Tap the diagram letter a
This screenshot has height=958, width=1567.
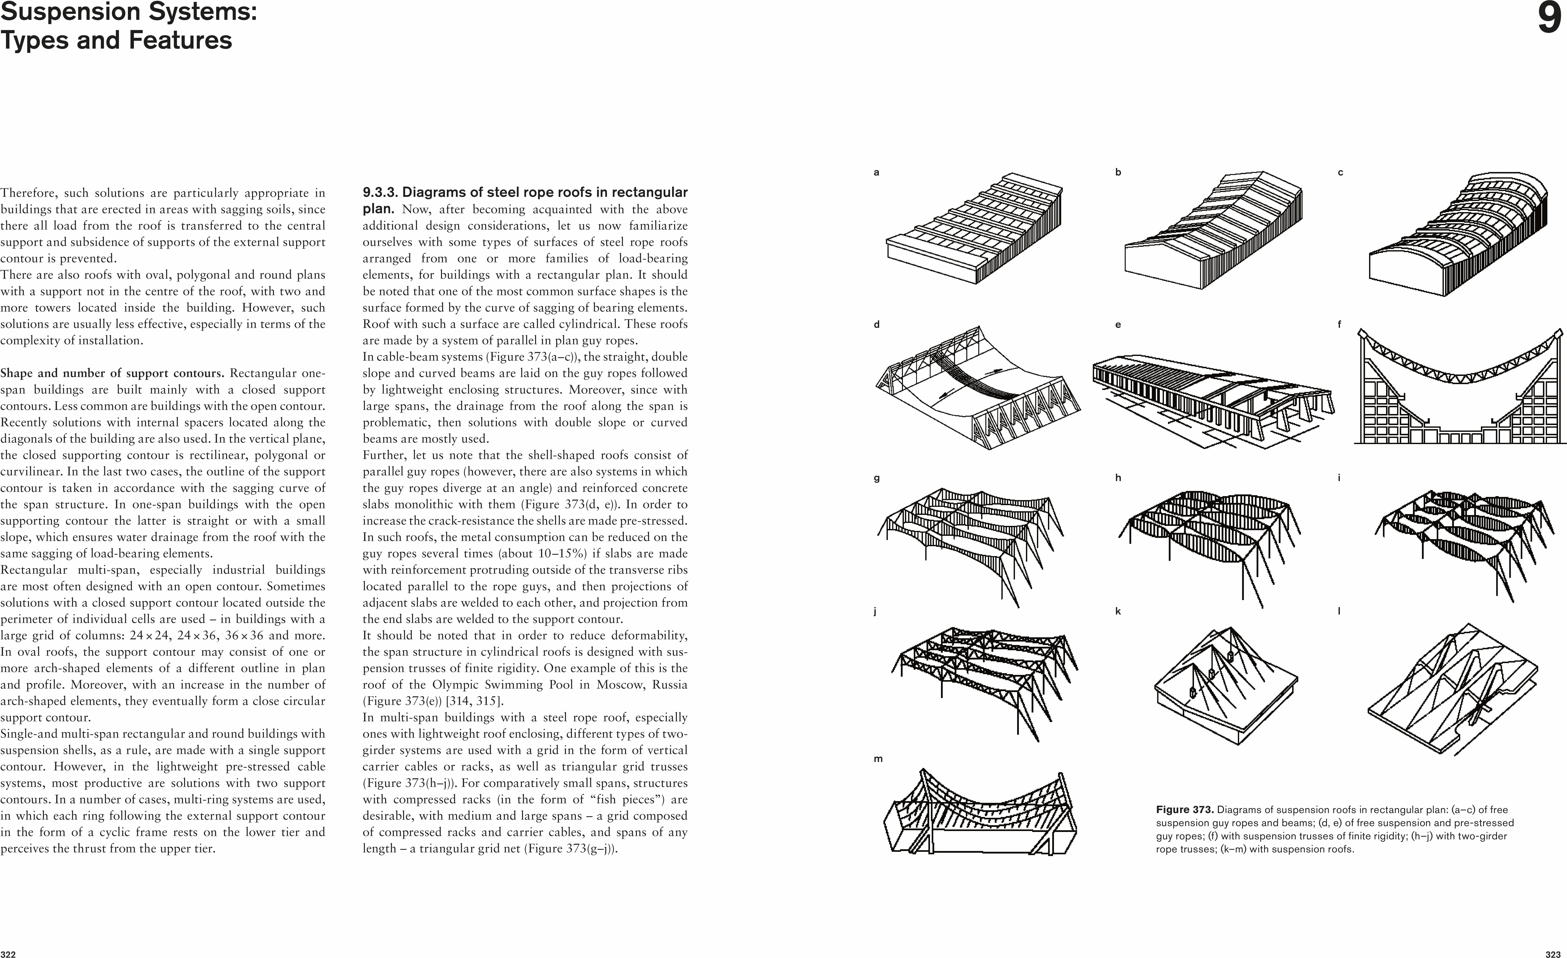(x=876, y=172)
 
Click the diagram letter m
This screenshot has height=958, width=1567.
(x=878, y=759)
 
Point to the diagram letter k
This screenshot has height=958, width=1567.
(x=1118, y=611)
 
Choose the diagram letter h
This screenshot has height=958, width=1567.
(x=1118, y=478)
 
